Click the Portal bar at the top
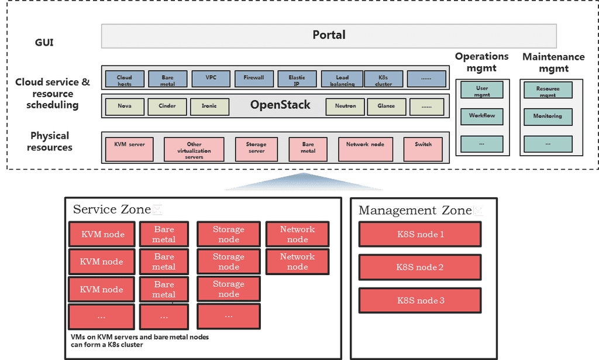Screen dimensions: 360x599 329,35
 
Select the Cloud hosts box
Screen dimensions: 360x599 124,80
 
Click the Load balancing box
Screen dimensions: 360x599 342,80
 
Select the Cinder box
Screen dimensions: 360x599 167,107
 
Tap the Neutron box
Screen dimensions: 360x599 345,107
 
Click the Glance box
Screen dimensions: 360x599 386,107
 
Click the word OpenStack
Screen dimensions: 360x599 280,105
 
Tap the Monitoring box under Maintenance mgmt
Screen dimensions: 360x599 548,116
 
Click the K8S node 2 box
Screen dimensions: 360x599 420,268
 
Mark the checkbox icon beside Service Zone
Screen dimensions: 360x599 157,210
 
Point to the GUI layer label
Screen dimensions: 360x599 44,43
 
